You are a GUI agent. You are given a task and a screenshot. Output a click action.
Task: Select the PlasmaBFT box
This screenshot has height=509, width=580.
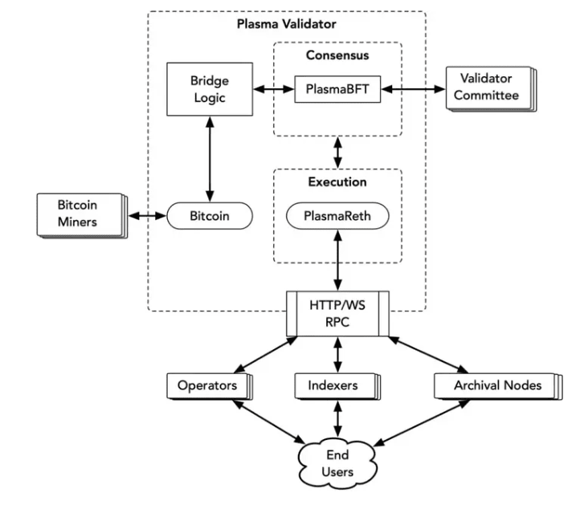(337, 89)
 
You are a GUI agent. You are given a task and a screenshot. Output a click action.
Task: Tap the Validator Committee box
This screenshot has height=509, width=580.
(484, 88)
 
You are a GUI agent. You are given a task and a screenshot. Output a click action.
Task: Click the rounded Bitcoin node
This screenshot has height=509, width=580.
(210, 217)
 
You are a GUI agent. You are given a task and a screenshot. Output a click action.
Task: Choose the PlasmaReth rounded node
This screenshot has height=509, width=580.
(337, 217)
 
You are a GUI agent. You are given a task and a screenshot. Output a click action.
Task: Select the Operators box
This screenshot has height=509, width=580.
(206, 385)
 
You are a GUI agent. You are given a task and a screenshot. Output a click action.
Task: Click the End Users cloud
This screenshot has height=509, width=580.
(337, 462)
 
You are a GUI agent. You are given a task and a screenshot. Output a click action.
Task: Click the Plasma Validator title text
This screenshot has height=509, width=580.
(286, 24)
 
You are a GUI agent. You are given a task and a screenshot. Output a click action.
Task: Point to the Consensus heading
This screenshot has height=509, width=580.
(337, 55)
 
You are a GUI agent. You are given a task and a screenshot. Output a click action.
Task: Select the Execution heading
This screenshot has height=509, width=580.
(337, 182)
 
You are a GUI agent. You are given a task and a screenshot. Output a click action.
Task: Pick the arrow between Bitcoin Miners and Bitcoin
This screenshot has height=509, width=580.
(147, 217)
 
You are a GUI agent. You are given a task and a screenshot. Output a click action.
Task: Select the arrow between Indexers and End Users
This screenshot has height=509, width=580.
(337, 417)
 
